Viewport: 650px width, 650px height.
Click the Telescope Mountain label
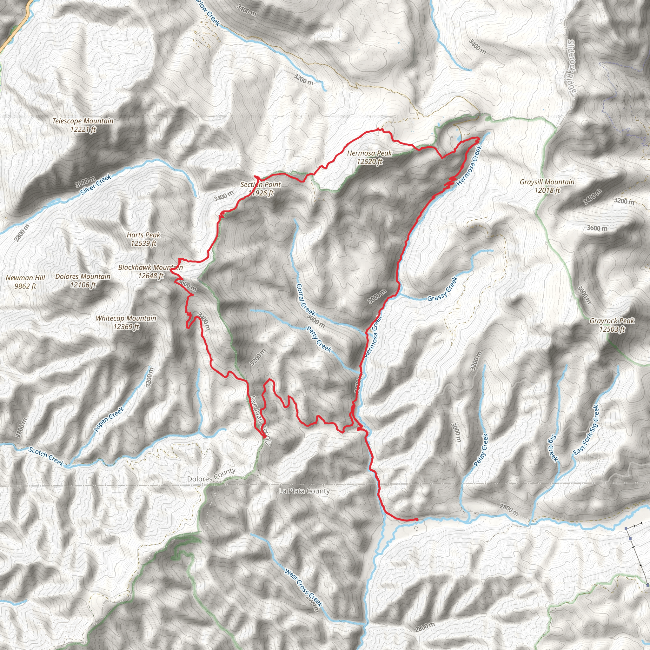[83, 125]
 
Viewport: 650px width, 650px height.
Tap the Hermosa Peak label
[369, 157]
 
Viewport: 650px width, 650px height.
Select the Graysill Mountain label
[547, 186]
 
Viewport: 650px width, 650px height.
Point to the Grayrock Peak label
[612, 325]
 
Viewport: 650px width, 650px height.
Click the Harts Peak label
[144, 239]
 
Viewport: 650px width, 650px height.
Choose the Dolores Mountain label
[83, 281]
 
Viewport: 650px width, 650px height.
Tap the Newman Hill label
[26, 282]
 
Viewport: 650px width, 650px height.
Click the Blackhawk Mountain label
[150, 271]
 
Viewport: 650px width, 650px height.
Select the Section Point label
[260, 189]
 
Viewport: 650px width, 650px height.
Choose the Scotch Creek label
[46, 456]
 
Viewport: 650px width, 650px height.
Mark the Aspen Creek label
[109, 419]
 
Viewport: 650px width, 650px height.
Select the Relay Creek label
[481, 450]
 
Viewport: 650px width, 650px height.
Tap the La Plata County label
[304, 492]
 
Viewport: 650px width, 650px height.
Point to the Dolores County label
[211, 475]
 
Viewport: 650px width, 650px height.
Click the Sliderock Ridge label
[572, 66]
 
